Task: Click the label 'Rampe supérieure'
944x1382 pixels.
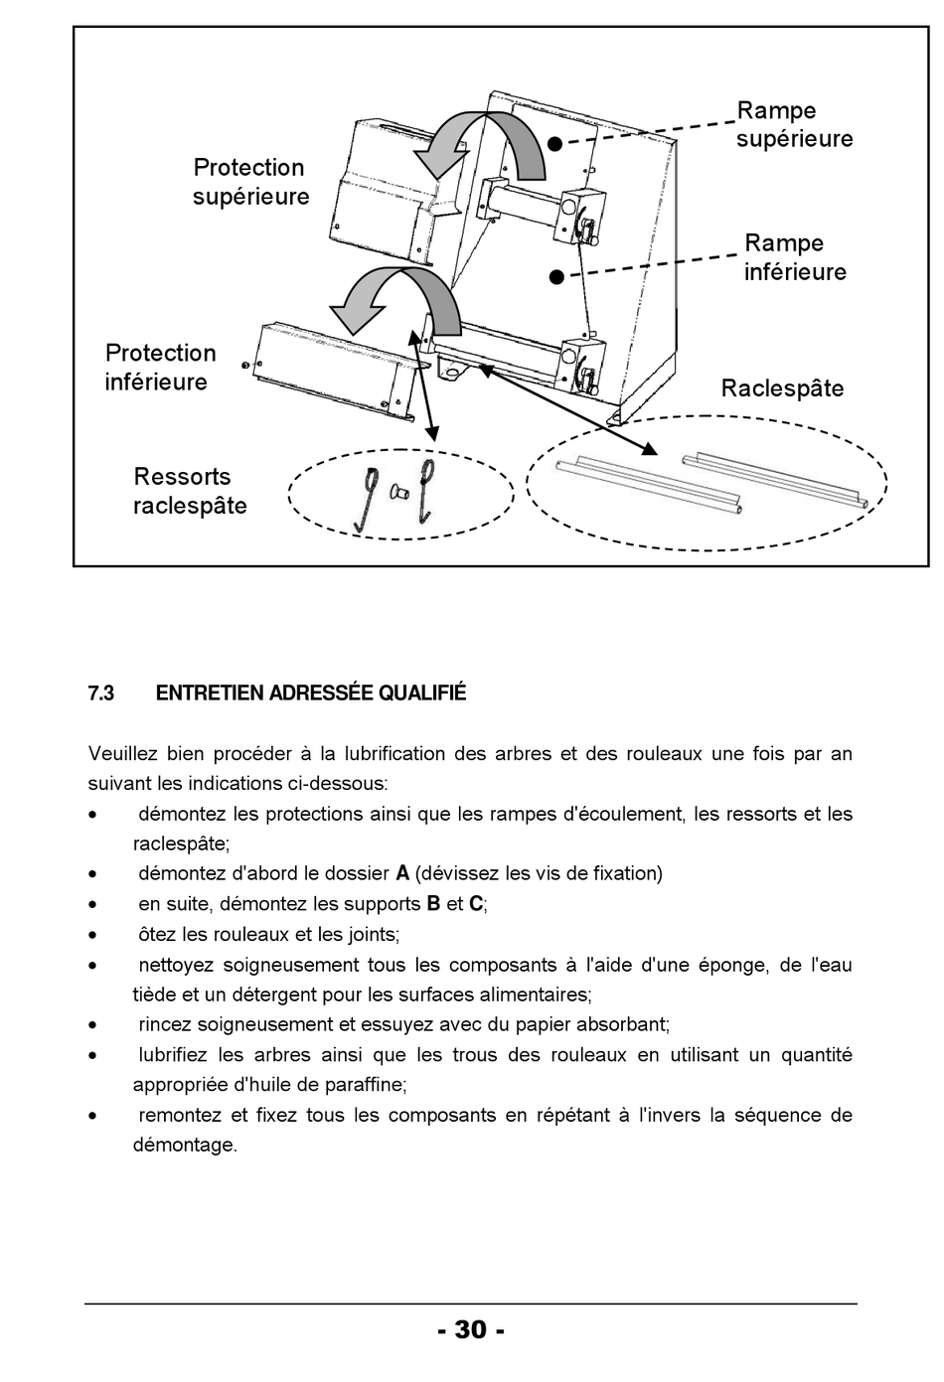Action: coord(795,124)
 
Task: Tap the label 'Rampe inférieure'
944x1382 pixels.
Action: coord(795,257)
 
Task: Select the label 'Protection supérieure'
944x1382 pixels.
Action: coord(250,182)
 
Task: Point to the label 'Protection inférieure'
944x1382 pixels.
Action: coord(160,367)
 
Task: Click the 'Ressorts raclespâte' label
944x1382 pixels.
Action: coord(190,491)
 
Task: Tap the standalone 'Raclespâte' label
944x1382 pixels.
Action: coord(782,388)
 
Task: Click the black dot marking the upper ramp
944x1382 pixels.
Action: coord(554,144)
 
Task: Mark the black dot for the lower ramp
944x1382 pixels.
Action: coord(556,277)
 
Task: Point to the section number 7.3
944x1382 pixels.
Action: coord(101,693)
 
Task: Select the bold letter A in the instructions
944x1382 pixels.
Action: coord(402,873)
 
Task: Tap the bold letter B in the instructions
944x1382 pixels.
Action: coord(433,904)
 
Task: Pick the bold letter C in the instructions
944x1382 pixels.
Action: coord(476,904)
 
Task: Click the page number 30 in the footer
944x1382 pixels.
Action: coord(471,1328)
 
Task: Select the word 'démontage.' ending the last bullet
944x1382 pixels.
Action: coord(185,1146)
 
